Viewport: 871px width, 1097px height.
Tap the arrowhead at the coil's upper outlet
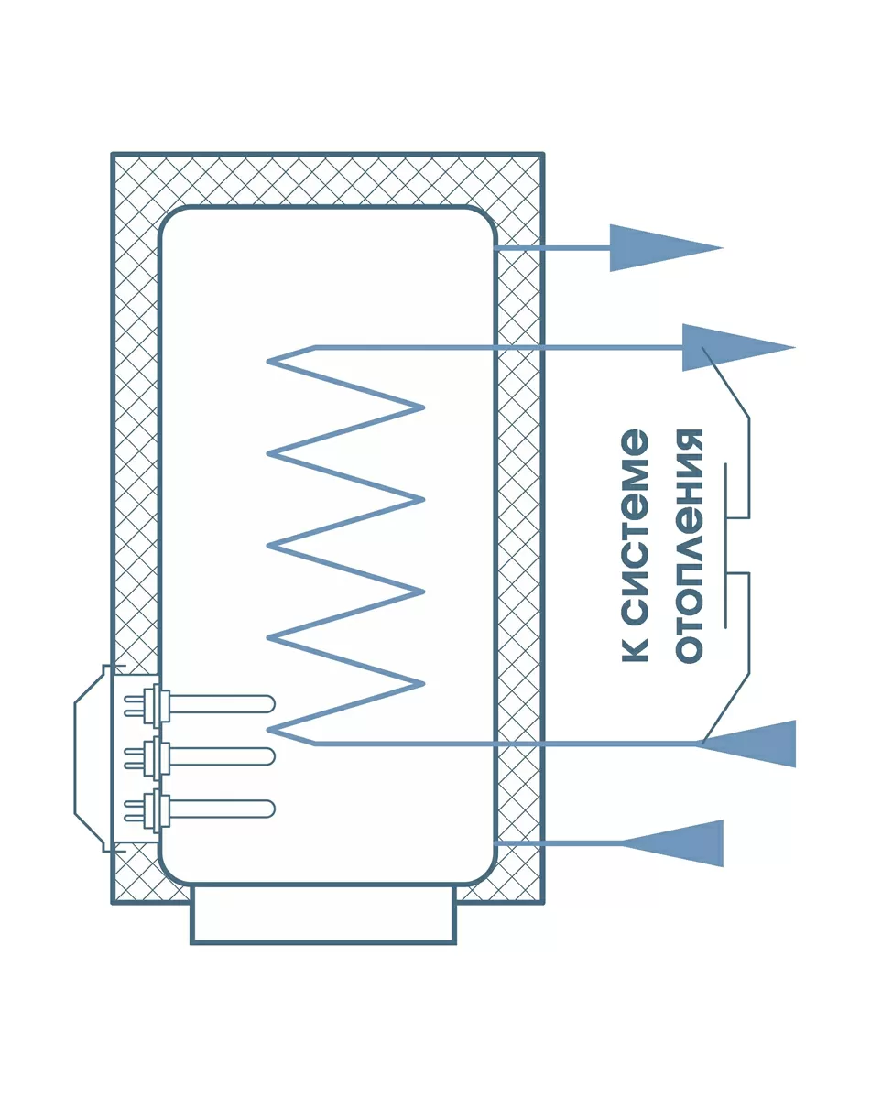pos(733,348)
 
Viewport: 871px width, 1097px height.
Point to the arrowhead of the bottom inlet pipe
pos(678,842)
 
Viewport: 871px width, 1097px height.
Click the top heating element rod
pos(220,703)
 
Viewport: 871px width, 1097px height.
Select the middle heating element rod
pos(220,756)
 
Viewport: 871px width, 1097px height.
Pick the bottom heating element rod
pos(220,809)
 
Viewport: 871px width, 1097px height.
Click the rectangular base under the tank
pos(322,913)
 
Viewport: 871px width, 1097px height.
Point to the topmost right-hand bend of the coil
pos(422,407)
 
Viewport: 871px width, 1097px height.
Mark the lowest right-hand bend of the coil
pos(422,683)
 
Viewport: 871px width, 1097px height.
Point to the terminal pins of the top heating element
pos(135,704)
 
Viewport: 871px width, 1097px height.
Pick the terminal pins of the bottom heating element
pos(135,809)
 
